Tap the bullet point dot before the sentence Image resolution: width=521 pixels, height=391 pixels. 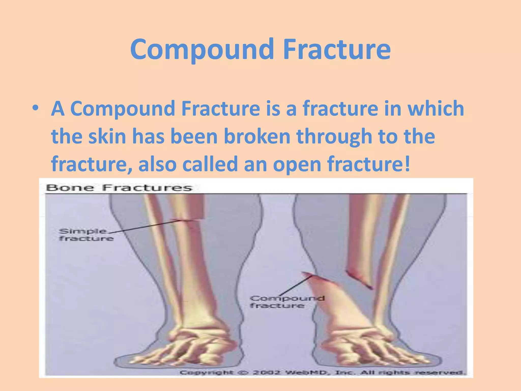(35, 108)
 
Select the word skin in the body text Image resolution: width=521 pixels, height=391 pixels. (107, 136)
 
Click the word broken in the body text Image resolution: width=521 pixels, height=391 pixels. (257, 136)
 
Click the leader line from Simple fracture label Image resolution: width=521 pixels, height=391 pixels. (148, 226)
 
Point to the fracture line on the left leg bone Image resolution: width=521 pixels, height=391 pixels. (187, 220)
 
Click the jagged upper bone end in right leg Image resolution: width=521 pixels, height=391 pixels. (359, 279)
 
